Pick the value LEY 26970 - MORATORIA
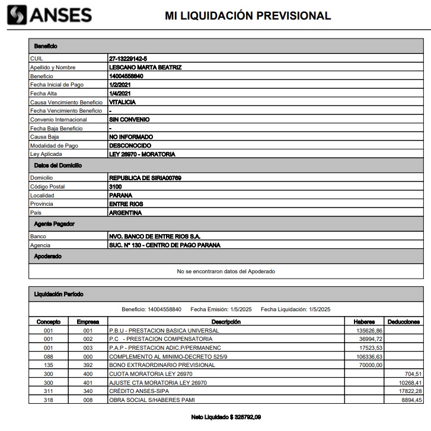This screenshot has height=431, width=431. point(142,154)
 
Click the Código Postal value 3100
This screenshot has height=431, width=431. point(115,186)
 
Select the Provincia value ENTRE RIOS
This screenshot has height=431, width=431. point(126,204)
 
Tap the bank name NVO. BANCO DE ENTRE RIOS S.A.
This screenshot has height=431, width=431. point(159,236)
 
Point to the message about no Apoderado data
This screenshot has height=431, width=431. point(226,272)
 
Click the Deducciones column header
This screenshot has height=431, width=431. point(403,322)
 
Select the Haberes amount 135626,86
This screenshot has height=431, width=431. point(368,330)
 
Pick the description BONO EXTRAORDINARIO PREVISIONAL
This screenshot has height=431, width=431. point(161,365)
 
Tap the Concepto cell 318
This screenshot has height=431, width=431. point(48,401)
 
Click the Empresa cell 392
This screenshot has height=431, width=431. point(88,365)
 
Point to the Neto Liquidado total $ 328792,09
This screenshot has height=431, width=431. point(226,417)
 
